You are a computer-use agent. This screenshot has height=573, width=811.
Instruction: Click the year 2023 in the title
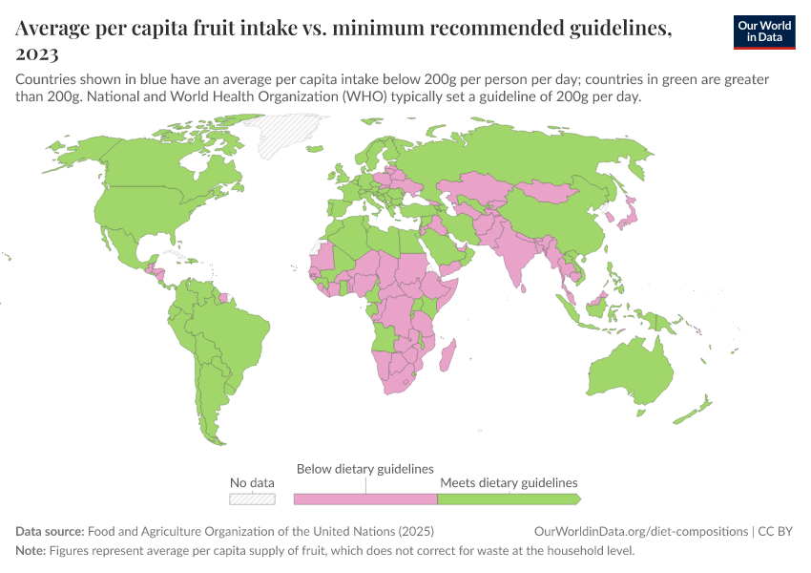pos(37,54)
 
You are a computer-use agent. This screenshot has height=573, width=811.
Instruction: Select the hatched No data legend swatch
pos(252,499)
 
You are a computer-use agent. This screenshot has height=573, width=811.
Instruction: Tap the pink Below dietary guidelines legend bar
pos(364,499)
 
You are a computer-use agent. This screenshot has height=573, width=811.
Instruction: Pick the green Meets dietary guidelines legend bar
pos(508,499)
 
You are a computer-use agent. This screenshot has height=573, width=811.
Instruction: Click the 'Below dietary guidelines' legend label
pos(365,469)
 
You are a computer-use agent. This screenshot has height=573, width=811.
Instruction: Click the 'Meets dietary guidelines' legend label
pos(509,482)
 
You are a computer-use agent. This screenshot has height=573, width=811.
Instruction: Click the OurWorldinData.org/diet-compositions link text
pos(641,532)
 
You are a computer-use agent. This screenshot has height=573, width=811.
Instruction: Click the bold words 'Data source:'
pos(50,532)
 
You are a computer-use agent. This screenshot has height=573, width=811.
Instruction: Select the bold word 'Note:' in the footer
pos(31,551)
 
